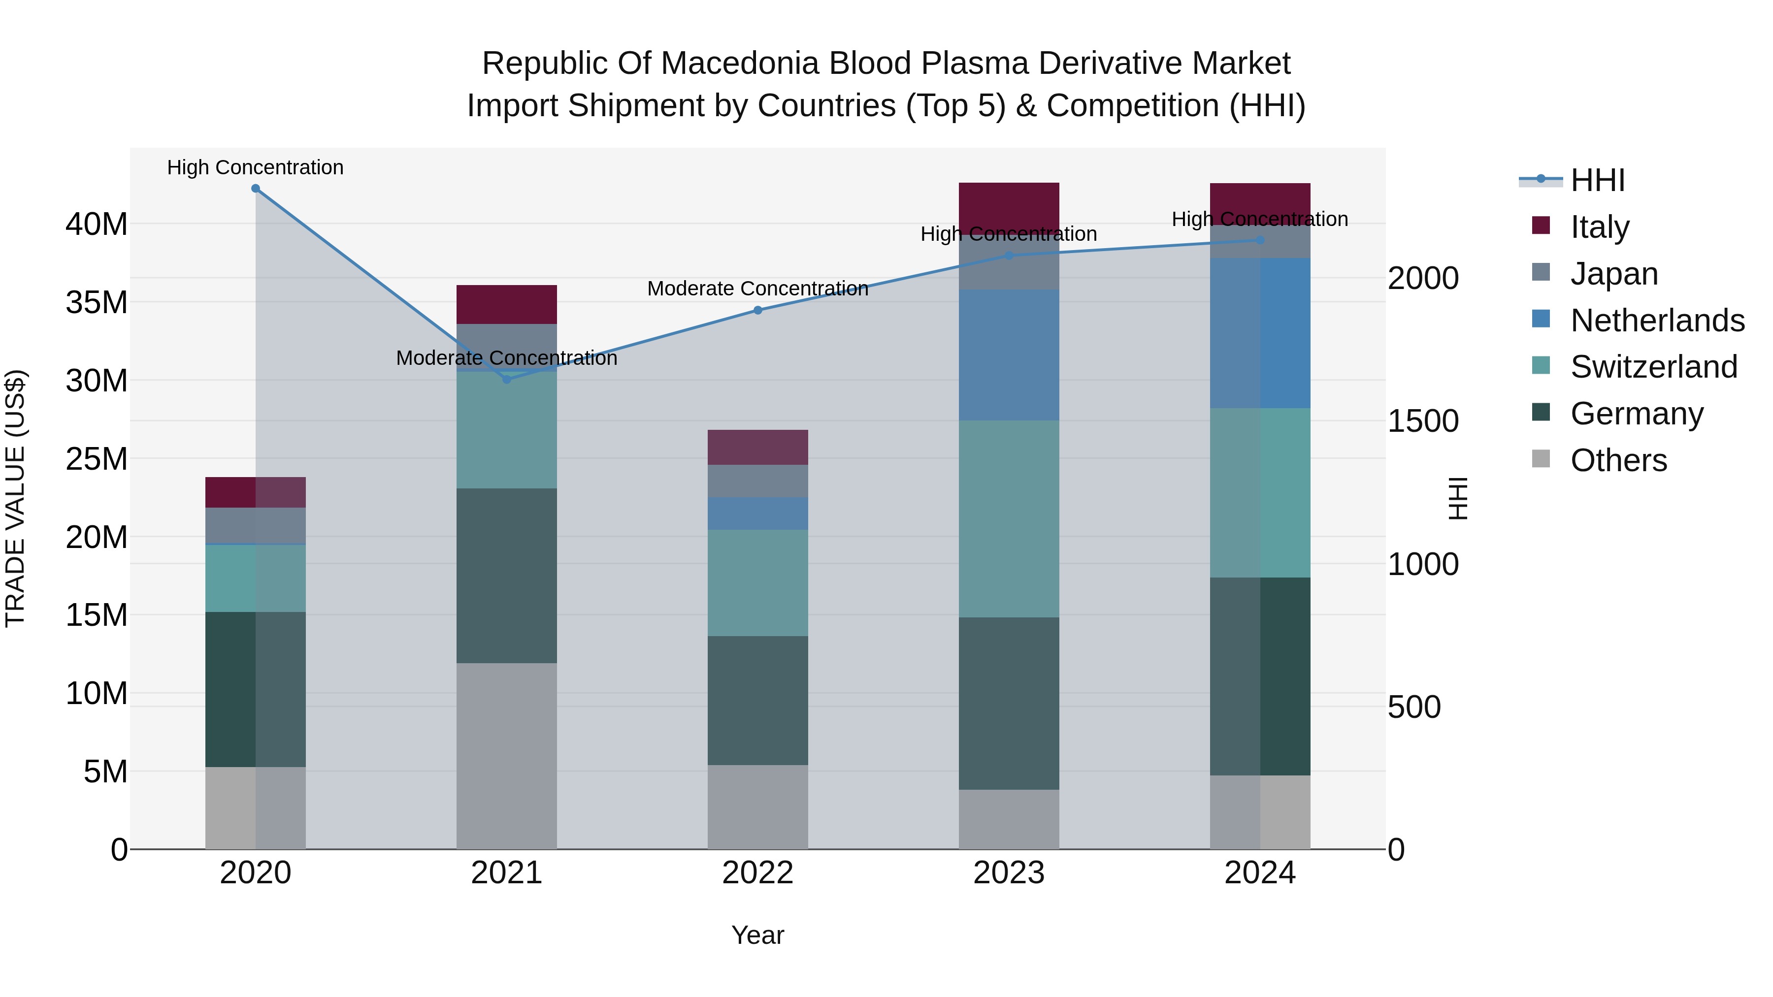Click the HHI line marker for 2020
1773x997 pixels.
click(x=255, y=188)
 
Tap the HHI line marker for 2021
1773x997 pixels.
click(x=507, y=379)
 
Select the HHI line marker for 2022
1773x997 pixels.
click(x=758, y=310)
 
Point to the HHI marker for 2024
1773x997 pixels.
click(x=1260, y=240)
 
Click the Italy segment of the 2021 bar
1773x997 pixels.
click(x=507, y=304)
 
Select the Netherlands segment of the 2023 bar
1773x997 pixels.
click(x=1009, y=355)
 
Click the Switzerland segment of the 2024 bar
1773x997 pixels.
click(x=1260, y=493)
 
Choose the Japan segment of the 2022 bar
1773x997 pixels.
click(x=758, y=481)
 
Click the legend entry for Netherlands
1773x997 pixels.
click(x=1657, y=321)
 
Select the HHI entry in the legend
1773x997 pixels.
click(x=1597, y=180)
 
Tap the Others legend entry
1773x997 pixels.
click(x=1618, y=460)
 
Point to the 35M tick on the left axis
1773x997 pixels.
click(x=97, y=302)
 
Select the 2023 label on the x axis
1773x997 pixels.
click(x=1009, y=873)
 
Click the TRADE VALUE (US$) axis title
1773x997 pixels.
click(x=15, y=498)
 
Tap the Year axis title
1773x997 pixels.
click(x=758, y=935)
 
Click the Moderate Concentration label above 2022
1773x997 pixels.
click(x=758, y=289)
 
